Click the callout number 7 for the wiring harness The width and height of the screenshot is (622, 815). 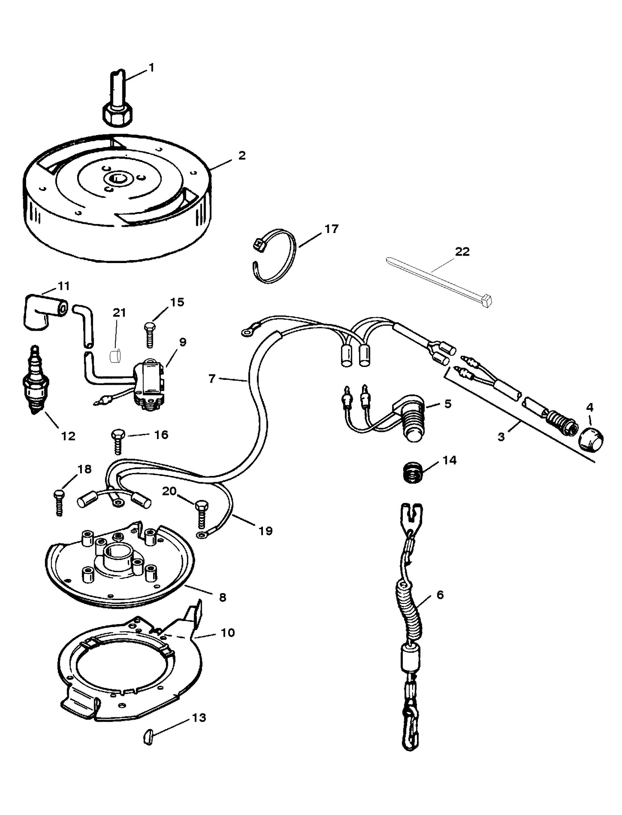(212, 379)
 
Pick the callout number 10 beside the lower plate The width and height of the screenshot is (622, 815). (228, 632)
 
